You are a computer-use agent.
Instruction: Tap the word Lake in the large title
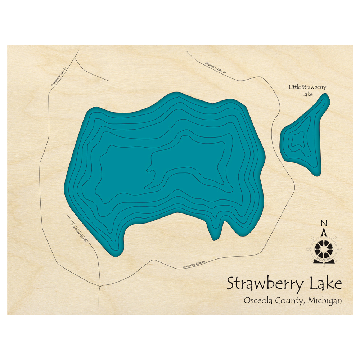tap(326, 284)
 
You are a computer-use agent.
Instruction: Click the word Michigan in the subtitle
tap(326, 301)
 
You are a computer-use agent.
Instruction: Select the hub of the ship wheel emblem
tap(324, 248)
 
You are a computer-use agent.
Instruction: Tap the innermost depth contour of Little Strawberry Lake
tap(298, 139)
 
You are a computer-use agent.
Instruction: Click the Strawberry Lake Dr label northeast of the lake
tap(216, 68)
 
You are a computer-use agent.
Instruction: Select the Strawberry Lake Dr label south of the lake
tap(194, 265)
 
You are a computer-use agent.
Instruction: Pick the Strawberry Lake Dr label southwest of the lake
tap(78, 233)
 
